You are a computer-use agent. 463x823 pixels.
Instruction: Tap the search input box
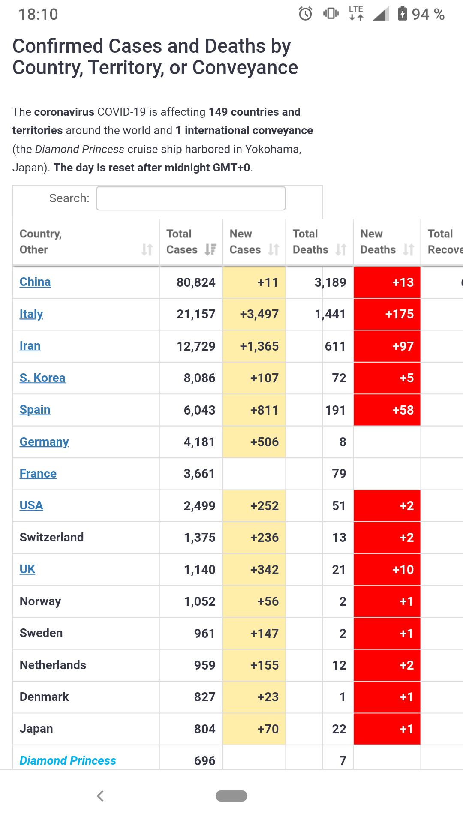click(191, 198)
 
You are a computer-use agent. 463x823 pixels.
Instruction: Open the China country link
click(35, 282)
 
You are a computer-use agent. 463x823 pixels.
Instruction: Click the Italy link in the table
click(31, 314)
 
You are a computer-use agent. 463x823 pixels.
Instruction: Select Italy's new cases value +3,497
click(259, 314)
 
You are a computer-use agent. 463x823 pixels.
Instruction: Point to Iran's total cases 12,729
click(196, 346)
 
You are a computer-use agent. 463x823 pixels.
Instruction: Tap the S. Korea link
click(42, 378)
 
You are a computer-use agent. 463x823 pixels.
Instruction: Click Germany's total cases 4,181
click(199, 442)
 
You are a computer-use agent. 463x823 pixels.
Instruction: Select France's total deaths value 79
click(339, 474)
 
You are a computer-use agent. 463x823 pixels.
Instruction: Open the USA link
click(31, 505)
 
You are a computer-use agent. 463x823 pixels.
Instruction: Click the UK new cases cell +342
click(264, 570)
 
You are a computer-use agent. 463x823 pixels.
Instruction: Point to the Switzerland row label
click(52, 538)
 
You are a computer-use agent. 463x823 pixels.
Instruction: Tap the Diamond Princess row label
click(68, 761)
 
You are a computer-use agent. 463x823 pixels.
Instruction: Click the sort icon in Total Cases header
click(210, 249)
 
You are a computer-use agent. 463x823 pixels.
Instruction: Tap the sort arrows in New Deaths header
click(409, 249)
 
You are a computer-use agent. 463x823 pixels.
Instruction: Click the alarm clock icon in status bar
click(305, 14)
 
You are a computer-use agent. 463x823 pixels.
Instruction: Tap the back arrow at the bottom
click(100, 796)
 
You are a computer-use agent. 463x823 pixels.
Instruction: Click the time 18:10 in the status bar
click(38, 15)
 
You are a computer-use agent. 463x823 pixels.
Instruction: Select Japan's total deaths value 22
click(339, 729)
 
